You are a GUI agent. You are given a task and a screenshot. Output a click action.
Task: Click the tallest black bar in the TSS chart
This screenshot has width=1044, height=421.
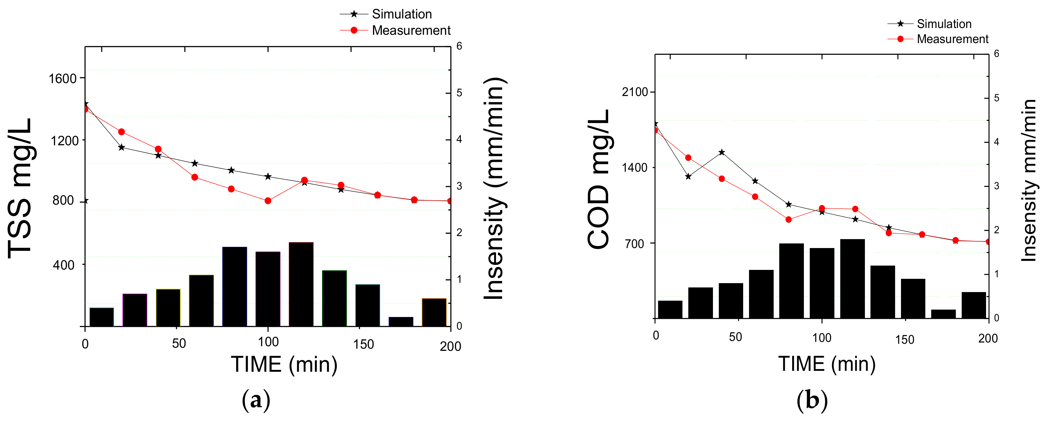[x=301, y=284]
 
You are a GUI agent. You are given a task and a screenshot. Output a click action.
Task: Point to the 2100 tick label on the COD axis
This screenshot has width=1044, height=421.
[x=635, y=92]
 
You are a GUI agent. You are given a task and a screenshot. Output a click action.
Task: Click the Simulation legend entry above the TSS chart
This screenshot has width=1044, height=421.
[x=401, y=14]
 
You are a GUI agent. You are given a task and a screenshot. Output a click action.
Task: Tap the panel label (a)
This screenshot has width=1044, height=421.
[x=256, y=400]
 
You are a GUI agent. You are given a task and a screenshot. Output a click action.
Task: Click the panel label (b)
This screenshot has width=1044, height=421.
[x=812, y=400]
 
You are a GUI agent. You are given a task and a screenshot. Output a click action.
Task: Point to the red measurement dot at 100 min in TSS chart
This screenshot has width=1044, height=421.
[x=268, y=201]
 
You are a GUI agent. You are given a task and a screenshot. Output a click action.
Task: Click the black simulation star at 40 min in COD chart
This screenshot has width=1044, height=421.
[x=721, y=152]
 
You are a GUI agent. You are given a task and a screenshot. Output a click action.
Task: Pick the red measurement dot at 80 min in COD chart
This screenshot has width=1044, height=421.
[x=788, y=219]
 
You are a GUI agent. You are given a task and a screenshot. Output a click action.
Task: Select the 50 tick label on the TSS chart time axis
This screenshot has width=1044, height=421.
[x=179, y=344]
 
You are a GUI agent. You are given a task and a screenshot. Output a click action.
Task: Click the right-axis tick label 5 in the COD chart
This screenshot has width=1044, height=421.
[x=996, y=98]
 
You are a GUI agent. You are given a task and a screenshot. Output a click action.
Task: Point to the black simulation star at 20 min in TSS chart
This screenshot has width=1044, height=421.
[x=121, y=147]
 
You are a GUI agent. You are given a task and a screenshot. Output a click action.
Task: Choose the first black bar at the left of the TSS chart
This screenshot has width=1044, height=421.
[x=101, y=317]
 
